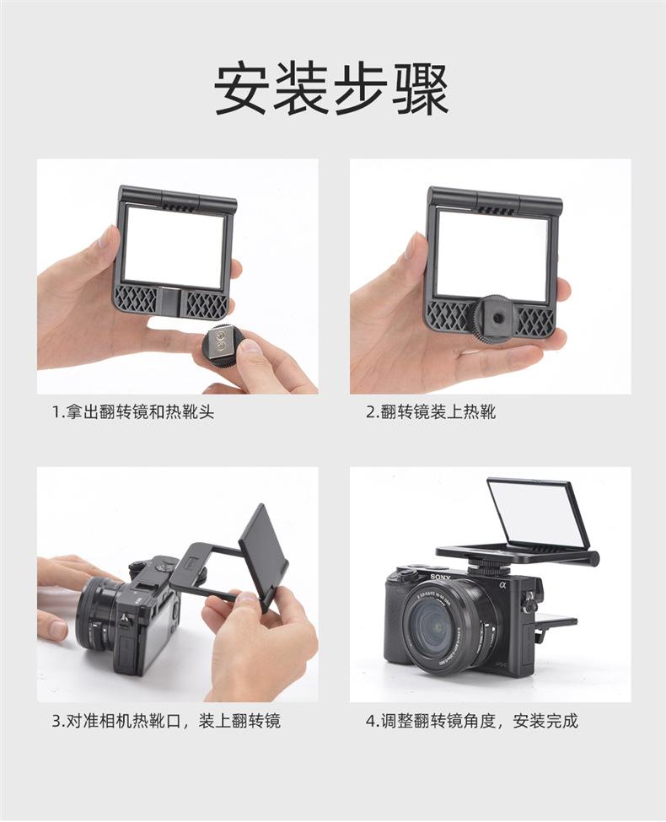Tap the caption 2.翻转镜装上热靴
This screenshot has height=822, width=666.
[431, 412]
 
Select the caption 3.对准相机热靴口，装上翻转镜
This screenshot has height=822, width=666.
[165, 721]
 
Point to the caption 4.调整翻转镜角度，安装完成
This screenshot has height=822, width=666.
[472, 721]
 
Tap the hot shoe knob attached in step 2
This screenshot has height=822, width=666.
[492, 317]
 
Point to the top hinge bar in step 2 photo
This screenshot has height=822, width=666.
[494, 201]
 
